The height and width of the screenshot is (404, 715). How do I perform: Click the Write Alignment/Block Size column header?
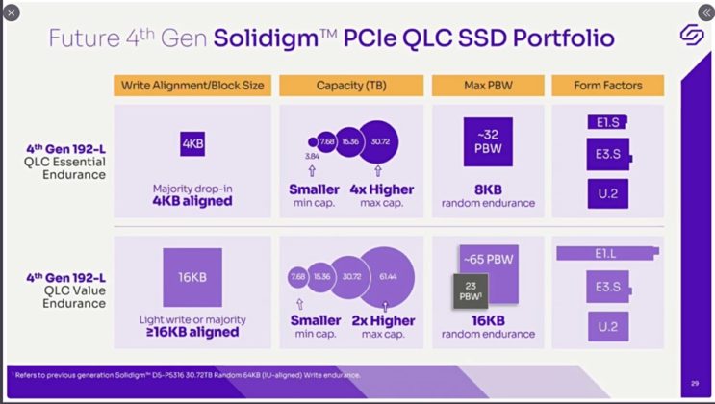(x=192, y=86)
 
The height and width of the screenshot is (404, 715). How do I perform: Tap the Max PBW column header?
(x=486, y=86)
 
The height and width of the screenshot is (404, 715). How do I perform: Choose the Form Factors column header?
(x=607, y=86)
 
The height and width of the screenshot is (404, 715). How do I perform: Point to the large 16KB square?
(x=192, y=277)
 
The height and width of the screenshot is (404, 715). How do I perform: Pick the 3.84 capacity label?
(x=312, y=156)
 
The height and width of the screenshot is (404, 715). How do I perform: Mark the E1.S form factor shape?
(x=607, y=124)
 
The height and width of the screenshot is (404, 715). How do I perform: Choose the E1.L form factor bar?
(x=607, y=254)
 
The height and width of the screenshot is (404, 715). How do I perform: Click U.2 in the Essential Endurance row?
(x=607, y=192)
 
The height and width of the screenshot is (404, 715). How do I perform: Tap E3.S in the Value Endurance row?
(x=607, y=286)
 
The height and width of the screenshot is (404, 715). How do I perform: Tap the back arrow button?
(x=13, y=13)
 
